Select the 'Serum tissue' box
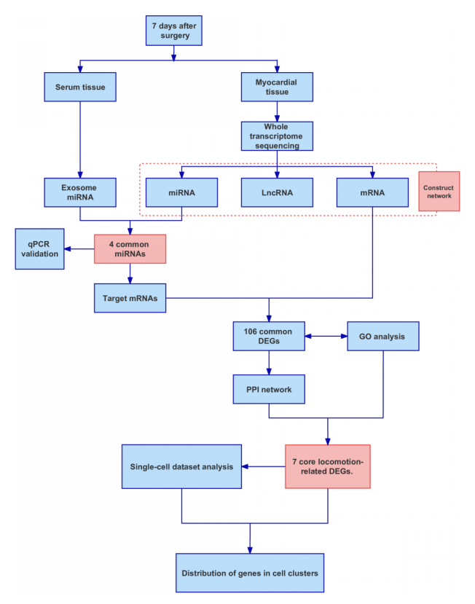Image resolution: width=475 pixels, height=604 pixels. coord(80,87)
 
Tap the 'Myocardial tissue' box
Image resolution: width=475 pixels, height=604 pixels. coord(277,87)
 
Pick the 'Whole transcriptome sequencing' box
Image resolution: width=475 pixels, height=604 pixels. coord(277,136)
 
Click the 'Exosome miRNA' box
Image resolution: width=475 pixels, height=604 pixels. coord(79,192)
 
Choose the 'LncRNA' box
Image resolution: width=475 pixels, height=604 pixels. coord(277,192)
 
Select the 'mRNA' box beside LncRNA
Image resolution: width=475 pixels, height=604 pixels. coord(372,192)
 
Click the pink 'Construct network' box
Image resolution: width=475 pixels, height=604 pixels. coord(439,192)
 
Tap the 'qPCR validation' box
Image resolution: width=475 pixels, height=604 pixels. coord(39,248)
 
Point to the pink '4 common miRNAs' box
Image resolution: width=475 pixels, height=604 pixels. coord(130,249)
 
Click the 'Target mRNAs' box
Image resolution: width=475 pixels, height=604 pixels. coord(130,298)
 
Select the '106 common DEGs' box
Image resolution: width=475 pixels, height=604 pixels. coord(268,337)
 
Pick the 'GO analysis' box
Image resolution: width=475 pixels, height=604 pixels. coord(382,337)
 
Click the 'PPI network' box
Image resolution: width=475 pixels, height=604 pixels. coord(268,389)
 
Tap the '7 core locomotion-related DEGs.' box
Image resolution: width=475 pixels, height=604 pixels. coord(328,466)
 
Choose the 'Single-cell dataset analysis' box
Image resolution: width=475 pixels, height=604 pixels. coord(181,466)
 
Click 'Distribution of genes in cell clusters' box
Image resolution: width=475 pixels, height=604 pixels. coord(250,573)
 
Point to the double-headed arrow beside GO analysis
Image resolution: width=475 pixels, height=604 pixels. coord(325,337)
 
